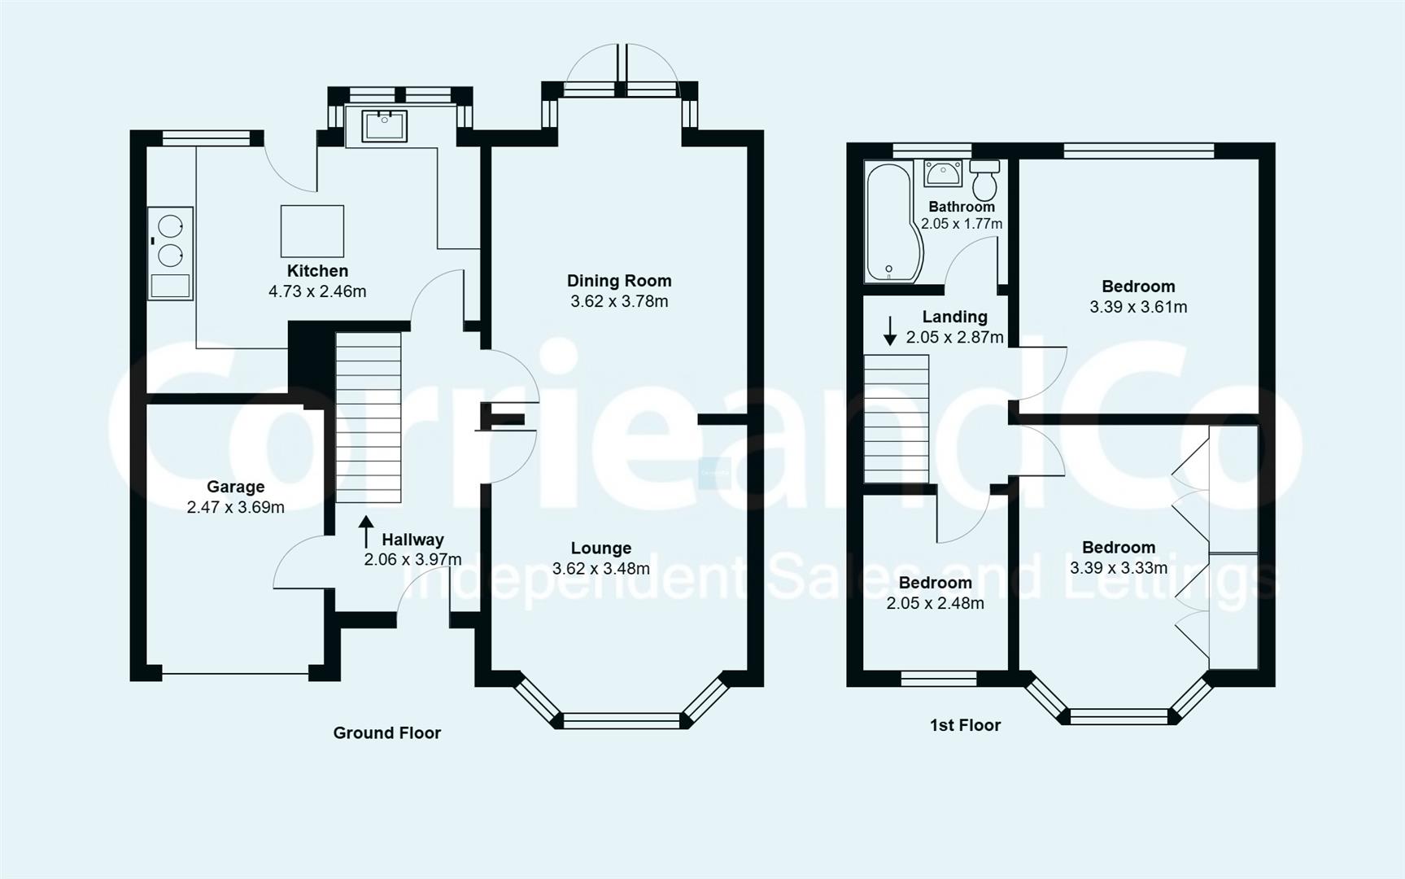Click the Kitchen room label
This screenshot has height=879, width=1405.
click(317, 271)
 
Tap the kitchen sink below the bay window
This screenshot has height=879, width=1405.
click(384, 126)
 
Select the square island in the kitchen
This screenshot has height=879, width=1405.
click(312, 231)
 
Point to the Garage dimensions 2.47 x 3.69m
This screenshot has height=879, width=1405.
click(235, 507)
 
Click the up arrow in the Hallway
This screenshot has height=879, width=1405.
click(366, 531)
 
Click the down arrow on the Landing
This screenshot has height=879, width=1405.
click(890, 330)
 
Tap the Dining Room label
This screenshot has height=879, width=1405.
click(619, 281)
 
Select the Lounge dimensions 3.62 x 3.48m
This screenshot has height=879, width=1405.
click(600, 569)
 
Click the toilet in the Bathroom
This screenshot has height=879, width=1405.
click(984, 180)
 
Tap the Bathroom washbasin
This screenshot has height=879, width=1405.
click(943, 173)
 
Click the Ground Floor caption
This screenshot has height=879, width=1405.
click(386, 732)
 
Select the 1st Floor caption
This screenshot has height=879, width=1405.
click(965, 725)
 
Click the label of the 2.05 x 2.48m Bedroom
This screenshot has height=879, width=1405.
click(935, 583)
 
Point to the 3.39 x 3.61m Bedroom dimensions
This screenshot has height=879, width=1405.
click(1137, 307)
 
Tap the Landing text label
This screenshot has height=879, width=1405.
click(954, 317)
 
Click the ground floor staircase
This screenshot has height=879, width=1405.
click(369, 417)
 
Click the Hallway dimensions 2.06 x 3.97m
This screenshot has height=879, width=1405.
click(412, 560)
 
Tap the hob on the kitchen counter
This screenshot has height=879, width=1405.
click(170, 240)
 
